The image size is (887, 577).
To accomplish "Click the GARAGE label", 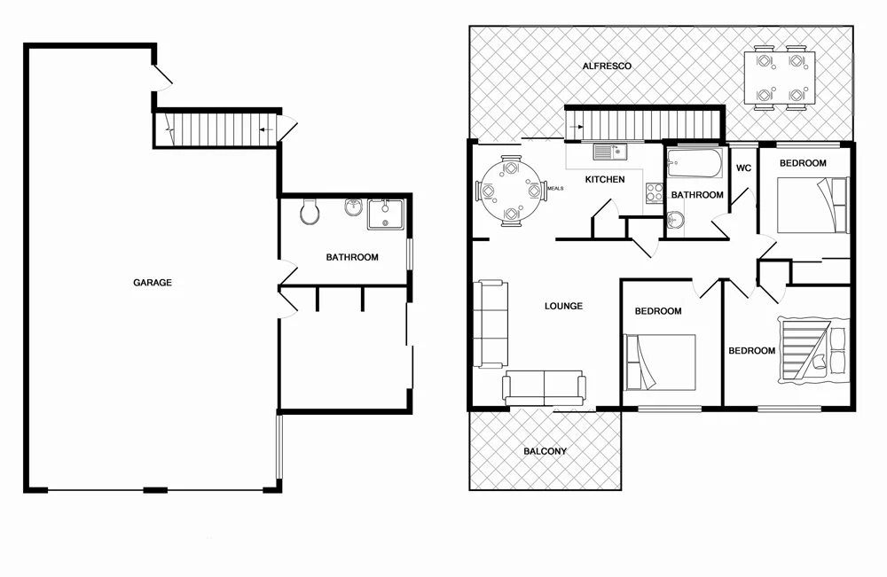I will (x=152, y=284).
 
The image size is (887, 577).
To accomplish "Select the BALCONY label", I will (x=545, y=451).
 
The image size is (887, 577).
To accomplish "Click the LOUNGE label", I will (x=563, y=307).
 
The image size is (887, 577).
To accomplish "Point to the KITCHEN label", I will (x=605, y=180).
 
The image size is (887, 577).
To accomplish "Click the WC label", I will (x=743, y=168).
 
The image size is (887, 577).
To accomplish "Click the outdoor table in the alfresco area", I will (x=779, y=77).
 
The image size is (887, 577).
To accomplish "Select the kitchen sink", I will (x=610, y=152).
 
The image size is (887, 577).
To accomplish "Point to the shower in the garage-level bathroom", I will (x=385, y=214).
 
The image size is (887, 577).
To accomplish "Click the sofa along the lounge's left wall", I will (x=491, y=324).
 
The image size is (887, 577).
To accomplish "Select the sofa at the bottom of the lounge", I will (x=544, y=387).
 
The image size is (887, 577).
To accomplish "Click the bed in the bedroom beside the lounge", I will (x=661, y=362).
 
